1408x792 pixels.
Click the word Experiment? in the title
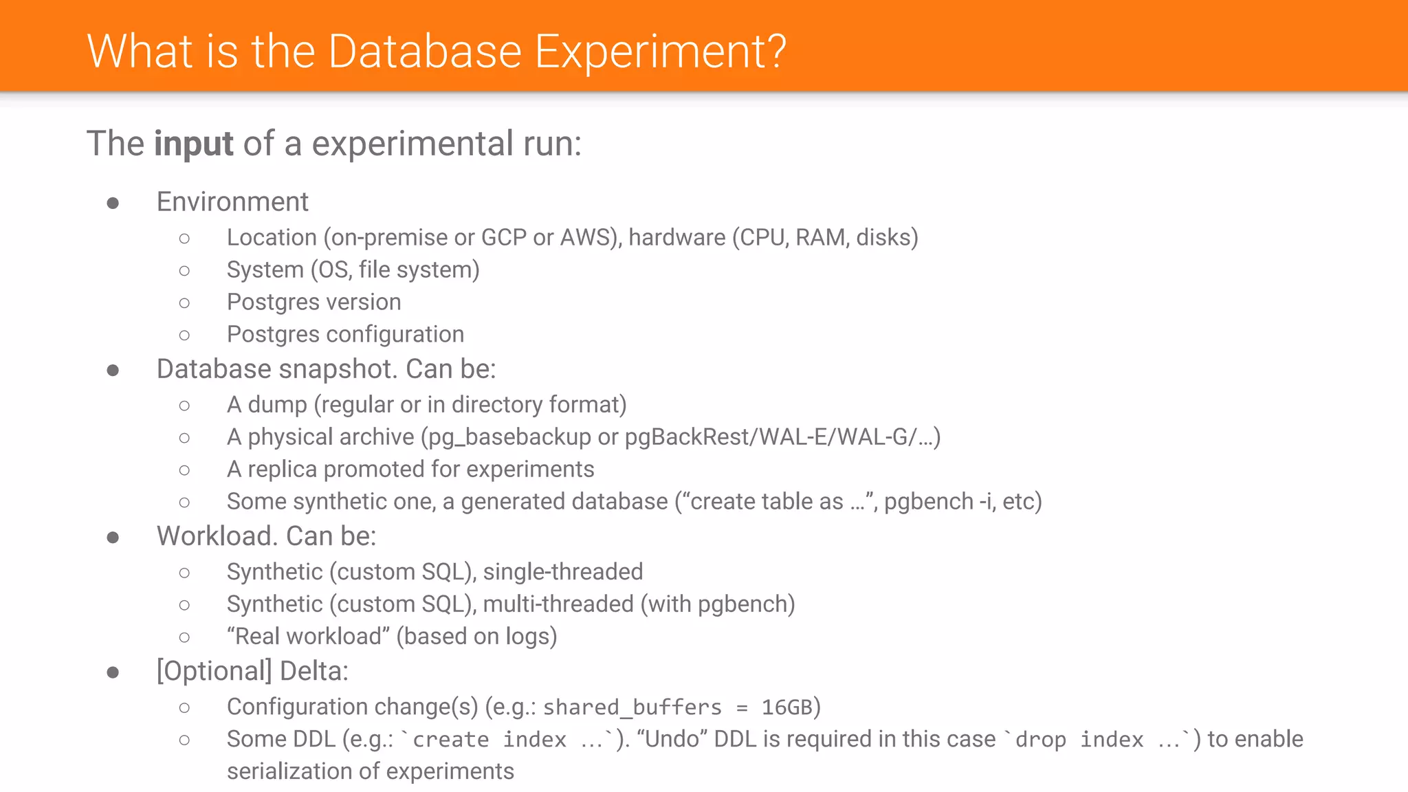[x=660, y=52]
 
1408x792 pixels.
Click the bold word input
[x=193, y=144]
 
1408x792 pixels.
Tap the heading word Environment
[x=232, y=202]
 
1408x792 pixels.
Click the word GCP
[x=503, y=238]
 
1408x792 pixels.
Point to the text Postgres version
[x=313, y=302]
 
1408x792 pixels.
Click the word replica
[x=282, y=470]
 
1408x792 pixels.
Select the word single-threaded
[x=563, y=572]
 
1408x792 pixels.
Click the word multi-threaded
[x=558, y=604]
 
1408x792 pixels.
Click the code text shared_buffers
[x=632, y=707]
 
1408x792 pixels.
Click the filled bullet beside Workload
[x=113, y=538]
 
